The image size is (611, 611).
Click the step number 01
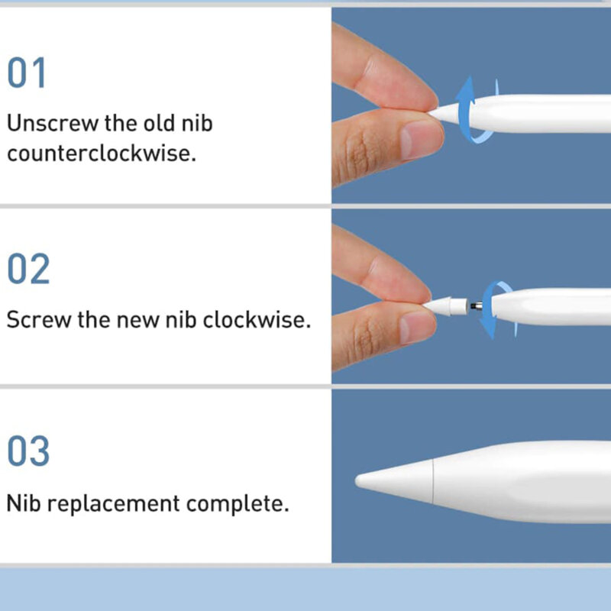[27, 73]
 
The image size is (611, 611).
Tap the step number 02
[29, 269]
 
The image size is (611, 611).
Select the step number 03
[29, 451]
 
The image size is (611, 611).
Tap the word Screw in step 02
[38, 319]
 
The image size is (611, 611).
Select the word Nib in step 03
[22, 504]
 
